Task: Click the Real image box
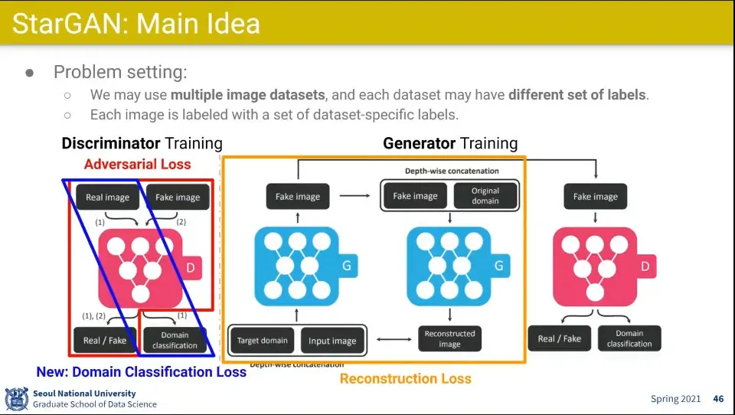click(x=107, y=198)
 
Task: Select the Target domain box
click(x=263, y=341)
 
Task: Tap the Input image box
click(x=332, y=341)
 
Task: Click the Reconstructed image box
click(x=449, y=338)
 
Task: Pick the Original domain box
click(x=485, y=196)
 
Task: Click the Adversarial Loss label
click(x=137, y=164)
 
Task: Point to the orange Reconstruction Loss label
click(x=405, y=378)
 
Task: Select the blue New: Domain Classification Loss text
click(x=142, y=372)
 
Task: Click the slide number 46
click(x=717, y=399)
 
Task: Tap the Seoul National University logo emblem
click(x=16, y=399)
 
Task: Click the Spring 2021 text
click(x=675, y=399)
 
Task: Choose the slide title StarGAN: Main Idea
click(x=136, y=24)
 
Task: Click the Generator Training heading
click(x=450, y=143)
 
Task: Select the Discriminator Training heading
click(x=142, y=143)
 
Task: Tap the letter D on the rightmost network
click(x=645, y=266)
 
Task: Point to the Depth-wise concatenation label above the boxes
click(x=452, y=171)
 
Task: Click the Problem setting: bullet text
click(x=120, y=73)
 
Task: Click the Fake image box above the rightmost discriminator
click(x=595, y=197)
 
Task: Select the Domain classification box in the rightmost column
click(x=629, y=338)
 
